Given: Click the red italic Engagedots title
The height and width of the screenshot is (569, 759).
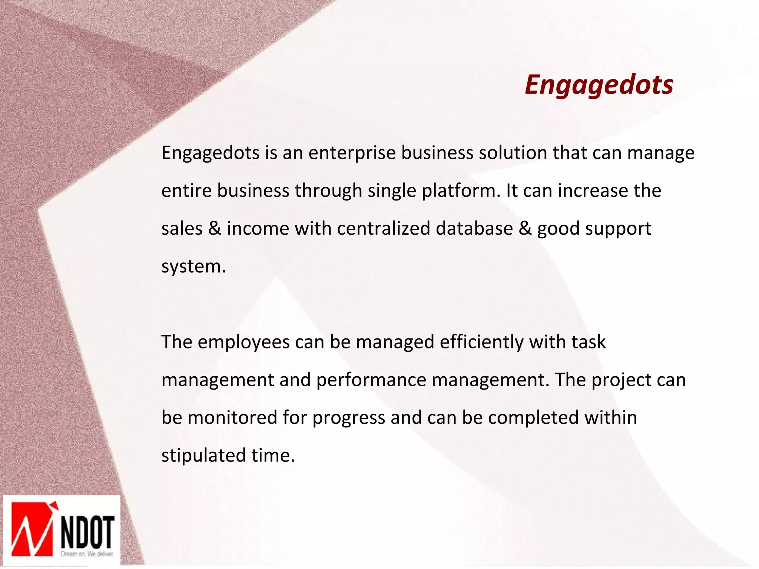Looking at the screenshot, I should coord(599,85).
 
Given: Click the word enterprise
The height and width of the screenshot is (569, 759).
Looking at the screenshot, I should coord(352,153).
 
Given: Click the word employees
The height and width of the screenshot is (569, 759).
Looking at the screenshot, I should coord(243,342).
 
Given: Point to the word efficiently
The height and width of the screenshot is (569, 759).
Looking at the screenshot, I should coord(481,342).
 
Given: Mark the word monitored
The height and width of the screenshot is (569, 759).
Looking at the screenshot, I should coord(232,418).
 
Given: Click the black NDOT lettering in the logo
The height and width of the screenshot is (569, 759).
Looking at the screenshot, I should coord(87,532).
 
